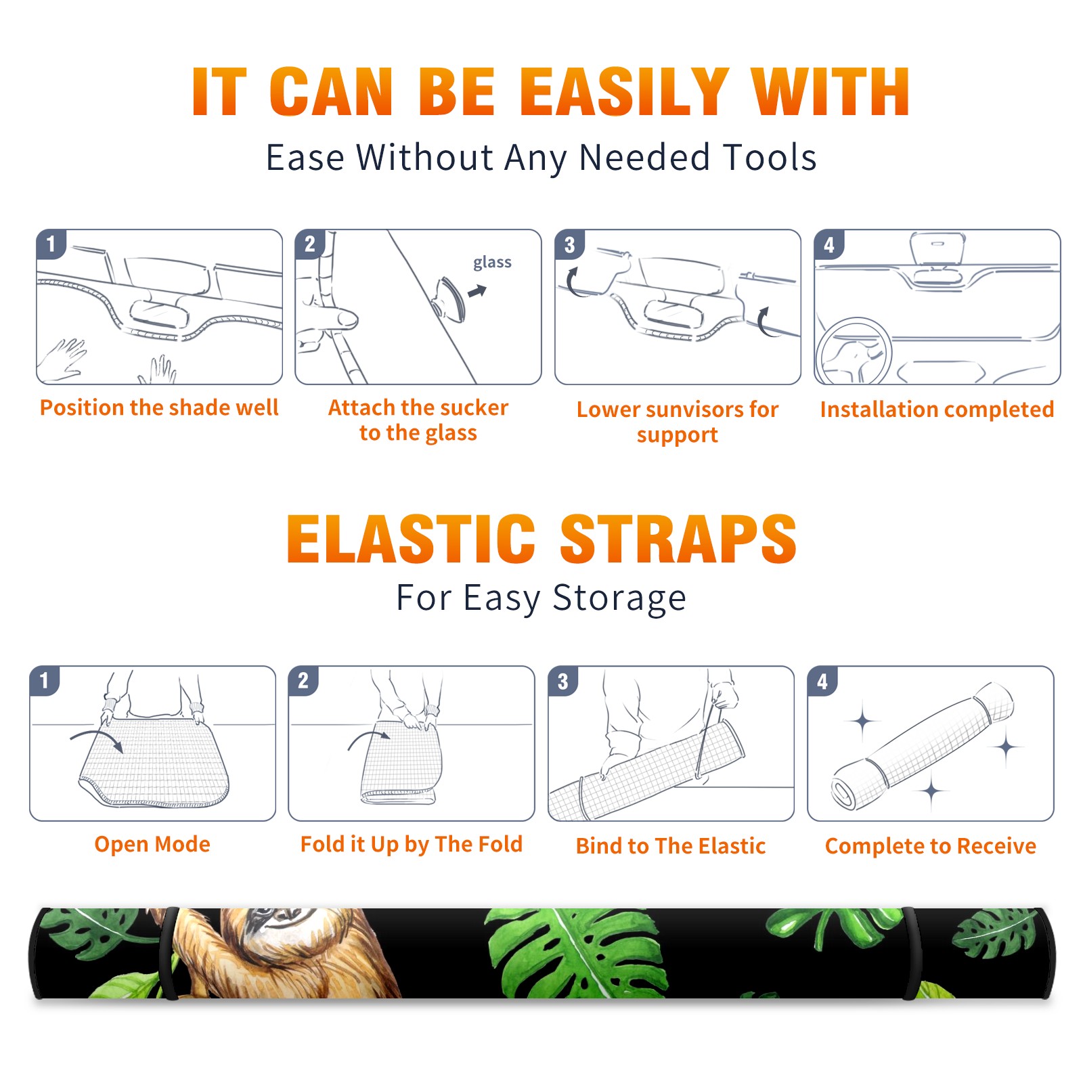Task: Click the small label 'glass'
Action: (x=492, y=263)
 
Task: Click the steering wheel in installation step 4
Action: (x=854, y=351)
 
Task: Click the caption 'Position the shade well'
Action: (x=159, y=407)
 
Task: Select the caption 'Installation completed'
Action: (x=937, y=410)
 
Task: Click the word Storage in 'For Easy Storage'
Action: (x=619, y=598)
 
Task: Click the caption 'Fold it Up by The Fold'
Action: (x=412, y=844)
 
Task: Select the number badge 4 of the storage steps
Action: (x=822, y=681)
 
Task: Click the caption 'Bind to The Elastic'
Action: (x=671, y=846)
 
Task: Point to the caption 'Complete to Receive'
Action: (x=931, y=846)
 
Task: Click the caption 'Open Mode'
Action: (x=152, y=844)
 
